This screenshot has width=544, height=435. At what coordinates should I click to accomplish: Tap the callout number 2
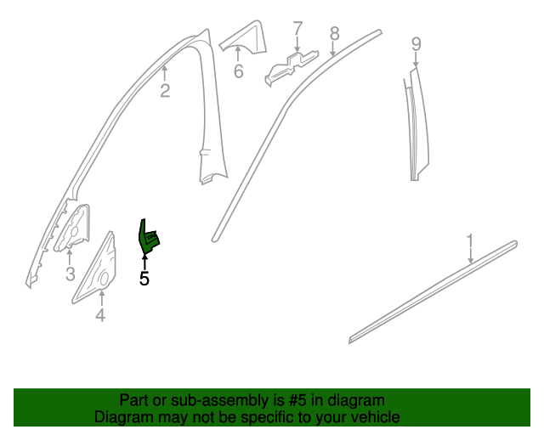(165, 90)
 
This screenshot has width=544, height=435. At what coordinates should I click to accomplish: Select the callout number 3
(71, 274)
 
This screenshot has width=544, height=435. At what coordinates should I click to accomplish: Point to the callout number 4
(100, 316)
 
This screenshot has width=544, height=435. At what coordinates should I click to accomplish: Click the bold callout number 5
(144, 278)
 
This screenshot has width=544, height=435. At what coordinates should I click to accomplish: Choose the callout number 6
(239, 72)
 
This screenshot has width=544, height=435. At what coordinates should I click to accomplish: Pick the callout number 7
(297, 30)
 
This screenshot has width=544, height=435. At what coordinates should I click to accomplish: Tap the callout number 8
(334, 33)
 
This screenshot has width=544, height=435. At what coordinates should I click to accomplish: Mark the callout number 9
(416, 43)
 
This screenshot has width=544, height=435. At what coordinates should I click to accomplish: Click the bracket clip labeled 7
(289, 66)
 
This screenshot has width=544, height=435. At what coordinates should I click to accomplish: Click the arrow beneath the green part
(144, 262)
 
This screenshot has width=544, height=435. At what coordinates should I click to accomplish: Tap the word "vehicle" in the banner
(374, 417)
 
